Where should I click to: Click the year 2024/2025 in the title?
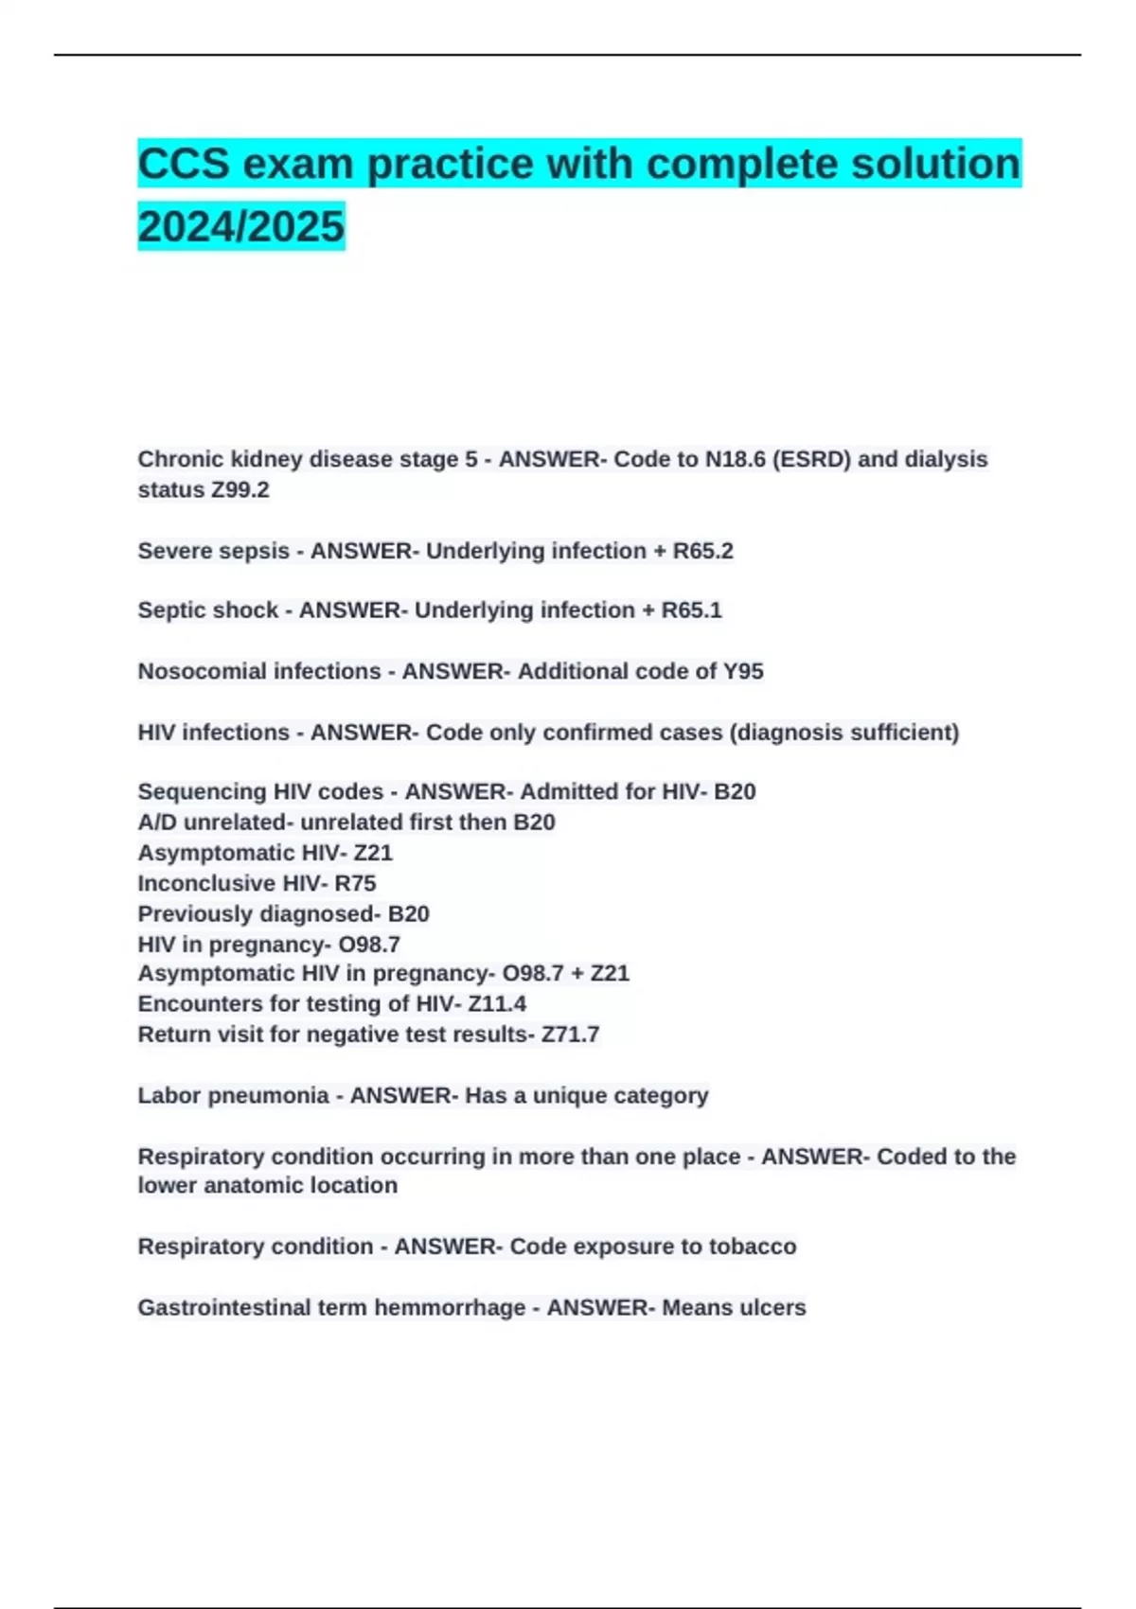(240, 226)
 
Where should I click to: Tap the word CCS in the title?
(184, 164)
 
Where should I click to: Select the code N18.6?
(735, 459)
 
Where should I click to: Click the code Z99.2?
(240, 489)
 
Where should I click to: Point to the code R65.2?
(702, 551)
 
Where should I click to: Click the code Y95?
(743, 671)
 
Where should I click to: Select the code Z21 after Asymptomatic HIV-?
(373, 853)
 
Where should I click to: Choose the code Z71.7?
(570, 1034)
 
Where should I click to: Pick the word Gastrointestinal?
(223, 1307)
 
